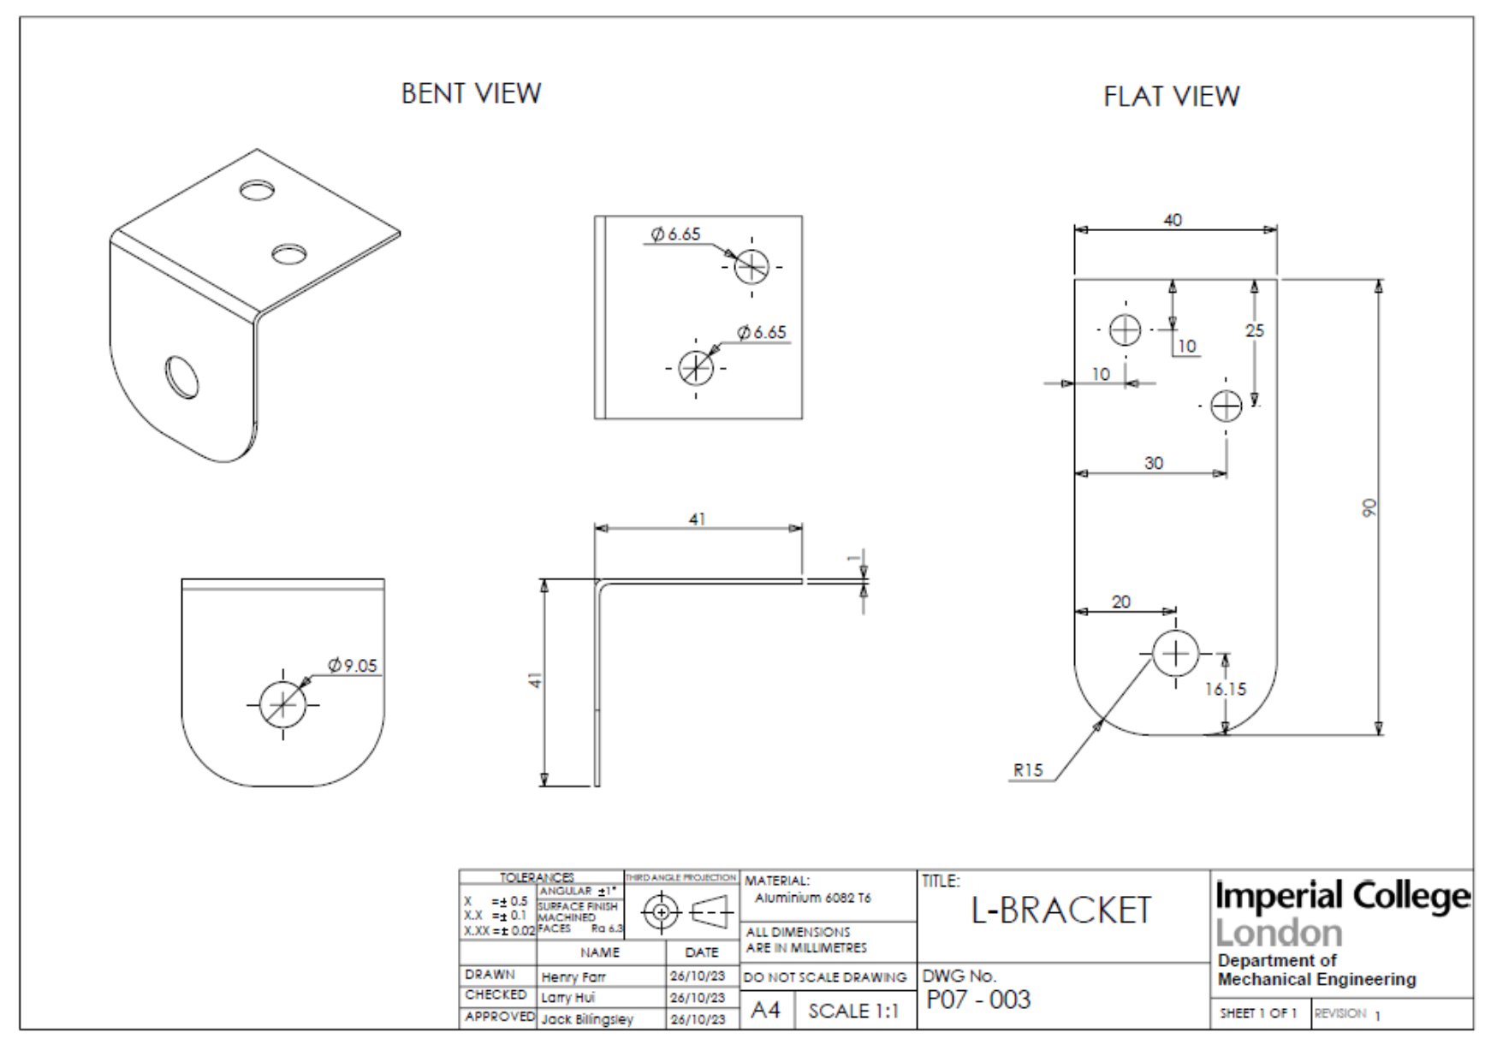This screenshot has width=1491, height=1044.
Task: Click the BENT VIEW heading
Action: (471, 93)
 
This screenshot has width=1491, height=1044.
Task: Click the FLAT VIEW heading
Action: (1171, 97)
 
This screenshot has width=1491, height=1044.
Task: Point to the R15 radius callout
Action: (1028, 770)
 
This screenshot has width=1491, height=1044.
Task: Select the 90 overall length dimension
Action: (1369, 507)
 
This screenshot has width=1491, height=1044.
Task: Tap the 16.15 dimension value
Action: (1226, 689)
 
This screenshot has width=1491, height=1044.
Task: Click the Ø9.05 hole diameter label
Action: (353, 665)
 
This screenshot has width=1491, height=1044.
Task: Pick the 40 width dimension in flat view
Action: (1173, 220)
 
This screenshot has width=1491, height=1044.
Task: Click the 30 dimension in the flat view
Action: (1154, 463)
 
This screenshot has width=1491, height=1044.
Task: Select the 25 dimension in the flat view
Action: (1255, 330)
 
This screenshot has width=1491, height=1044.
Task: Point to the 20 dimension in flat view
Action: (1121, 602)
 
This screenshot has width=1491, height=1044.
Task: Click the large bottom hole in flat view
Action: (1175, 654)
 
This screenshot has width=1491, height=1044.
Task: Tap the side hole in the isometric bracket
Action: (181, 377)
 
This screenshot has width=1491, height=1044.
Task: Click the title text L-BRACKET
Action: (1061, 911)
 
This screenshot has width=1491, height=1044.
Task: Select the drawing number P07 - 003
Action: (978, 1000)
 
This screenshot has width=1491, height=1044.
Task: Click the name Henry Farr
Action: (573, 976)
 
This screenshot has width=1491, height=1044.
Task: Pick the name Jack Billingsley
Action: (587, 1019)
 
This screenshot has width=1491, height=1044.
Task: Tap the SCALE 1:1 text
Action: (853, 1011)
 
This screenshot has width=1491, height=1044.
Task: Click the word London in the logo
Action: (1279, 933)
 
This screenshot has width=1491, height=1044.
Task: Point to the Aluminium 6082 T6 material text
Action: (812, 898)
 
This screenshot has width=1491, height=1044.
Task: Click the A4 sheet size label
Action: (765, 1011)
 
